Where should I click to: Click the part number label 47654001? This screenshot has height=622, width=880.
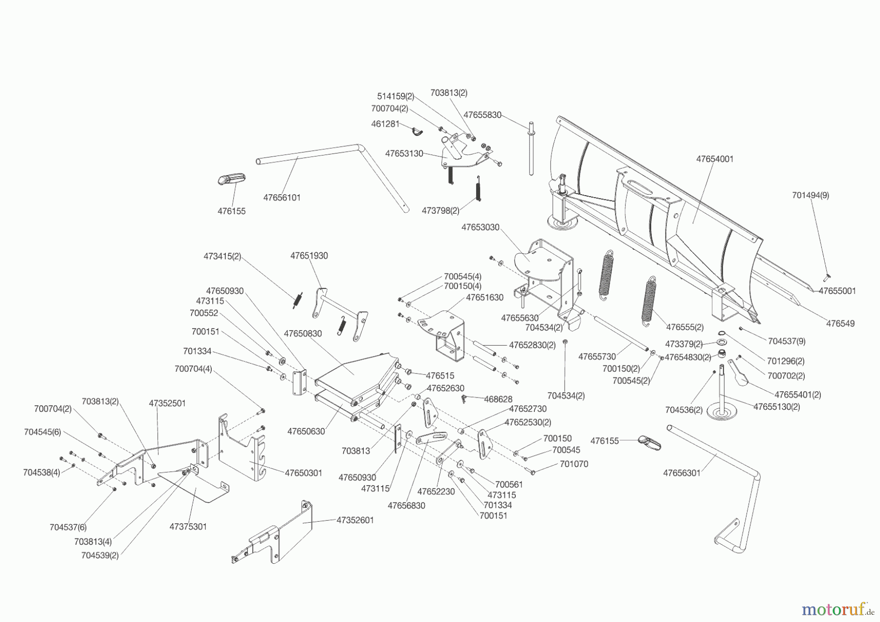[x=715, y=159]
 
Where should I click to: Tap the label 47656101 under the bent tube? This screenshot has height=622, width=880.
[x=282, y=198]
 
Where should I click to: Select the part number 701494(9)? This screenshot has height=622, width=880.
[x=811, y=195]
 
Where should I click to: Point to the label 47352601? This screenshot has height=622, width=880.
[x=355, y=520]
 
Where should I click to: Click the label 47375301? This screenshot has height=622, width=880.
[x=188, y=527]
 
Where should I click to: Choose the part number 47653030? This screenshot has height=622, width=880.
[x=480, y=227]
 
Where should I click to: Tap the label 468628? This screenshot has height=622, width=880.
[x=498, y=400]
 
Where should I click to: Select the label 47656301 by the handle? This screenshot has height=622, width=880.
[x=682, y=473]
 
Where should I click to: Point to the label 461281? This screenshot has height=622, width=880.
[x=385, y=124]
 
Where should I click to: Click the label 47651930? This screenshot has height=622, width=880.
[x=309, y=256]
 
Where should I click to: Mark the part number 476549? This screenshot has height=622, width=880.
[x=840, y=323]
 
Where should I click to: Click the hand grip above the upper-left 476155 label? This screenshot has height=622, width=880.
[x=231, y=179]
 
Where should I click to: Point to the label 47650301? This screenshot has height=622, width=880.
[x=304, y=473]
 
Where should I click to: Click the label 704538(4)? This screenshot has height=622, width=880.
[x=42, y=472]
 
